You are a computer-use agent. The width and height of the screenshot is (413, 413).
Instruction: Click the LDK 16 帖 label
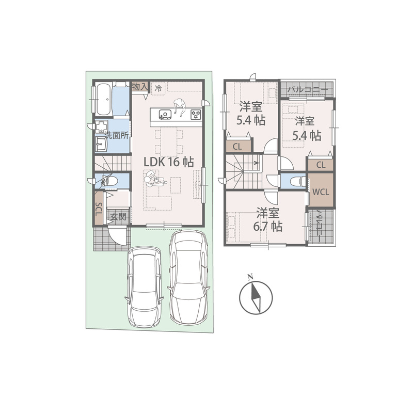pos(169,162)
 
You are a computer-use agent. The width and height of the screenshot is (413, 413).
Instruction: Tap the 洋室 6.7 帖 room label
pos(268,220)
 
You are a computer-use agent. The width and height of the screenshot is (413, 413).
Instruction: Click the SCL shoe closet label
pos(99,209)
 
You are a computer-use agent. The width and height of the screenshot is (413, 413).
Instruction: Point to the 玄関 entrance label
pos(118,217)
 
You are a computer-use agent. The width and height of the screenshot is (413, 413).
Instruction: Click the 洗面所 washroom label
pos(117,135)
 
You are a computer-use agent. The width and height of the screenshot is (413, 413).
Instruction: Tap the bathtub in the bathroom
pos(103,99)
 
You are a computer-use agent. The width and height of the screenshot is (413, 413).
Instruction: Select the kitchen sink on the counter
pos(165,115)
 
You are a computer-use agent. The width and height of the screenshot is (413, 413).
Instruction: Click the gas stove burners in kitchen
pos(196,115)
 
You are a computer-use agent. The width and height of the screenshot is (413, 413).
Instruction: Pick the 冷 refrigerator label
pos(158,88)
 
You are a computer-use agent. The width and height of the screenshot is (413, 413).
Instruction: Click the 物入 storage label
pos(139,86)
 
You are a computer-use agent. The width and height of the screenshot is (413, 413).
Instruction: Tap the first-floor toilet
pos(109,181)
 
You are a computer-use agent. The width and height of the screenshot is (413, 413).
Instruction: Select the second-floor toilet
pos(298,181)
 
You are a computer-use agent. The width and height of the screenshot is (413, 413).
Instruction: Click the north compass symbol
pos(256,298)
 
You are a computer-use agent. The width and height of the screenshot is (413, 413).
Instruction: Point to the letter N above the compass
pos(250,277)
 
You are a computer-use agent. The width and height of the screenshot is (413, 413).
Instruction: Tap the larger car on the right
pos(189,278)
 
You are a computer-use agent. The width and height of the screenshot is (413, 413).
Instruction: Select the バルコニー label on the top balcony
pos(308,89)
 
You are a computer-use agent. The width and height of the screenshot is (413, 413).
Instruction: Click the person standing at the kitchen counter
pos(179,107)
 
